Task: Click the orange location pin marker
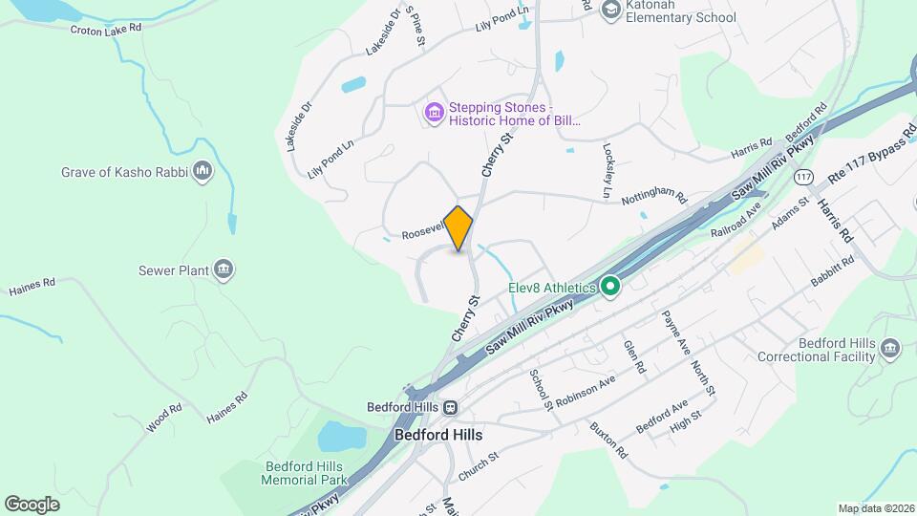click(458, 228)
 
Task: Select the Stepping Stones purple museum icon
click(435, 114)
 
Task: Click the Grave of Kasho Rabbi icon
click(202, 172)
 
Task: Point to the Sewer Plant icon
click(224, 270)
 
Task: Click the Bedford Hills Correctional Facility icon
click(891, 349)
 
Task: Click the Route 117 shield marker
click(803, 177)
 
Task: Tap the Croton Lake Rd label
click(105, 28)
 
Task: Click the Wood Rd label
click(164, 417)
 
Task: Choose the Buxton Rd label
click(608, 439)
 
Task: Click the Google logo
click(32, 504)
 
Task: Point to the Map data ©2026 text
click(875, 508)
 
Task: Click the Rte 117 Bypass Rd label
click(864, 155)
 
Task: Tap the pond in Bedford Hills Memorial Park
click(340, 437)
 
